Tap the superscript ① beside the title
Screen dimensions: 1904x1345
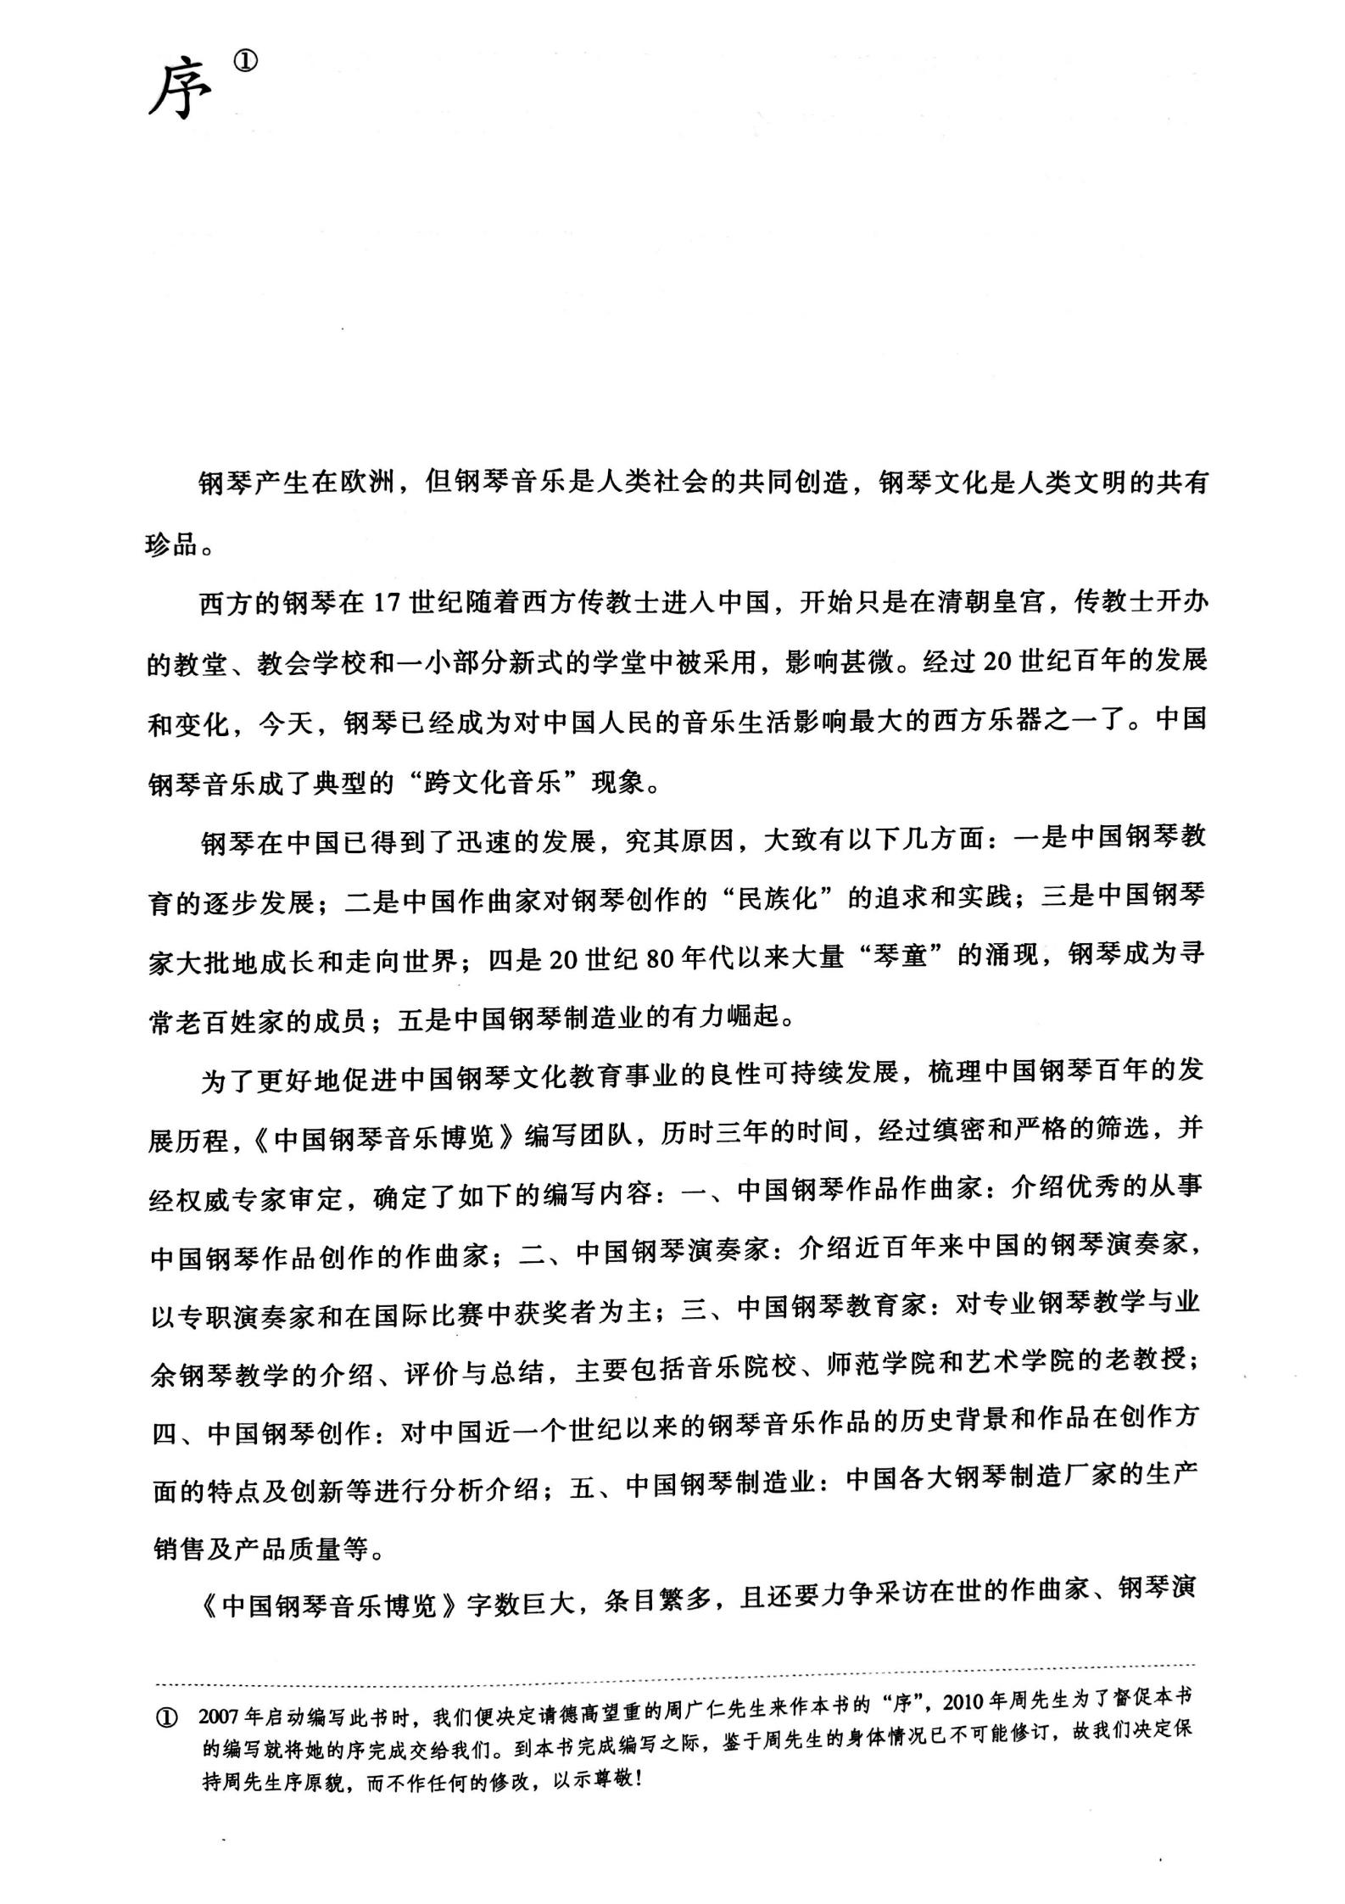point(244,63)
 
